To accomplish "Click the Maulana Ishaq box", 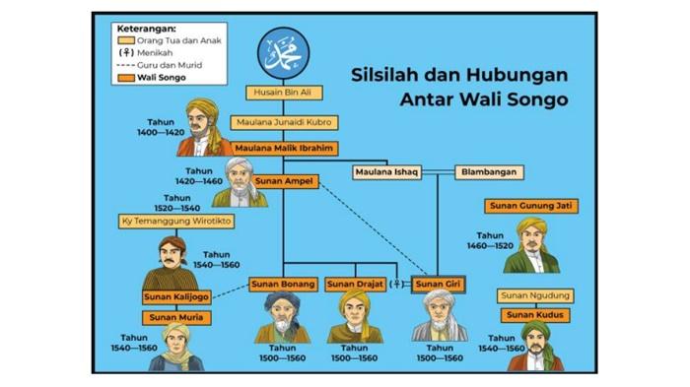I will [x=386, y=172].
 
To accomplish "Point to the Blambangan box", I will [x=488, y=172].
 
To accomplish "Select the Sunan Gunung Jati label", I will [x=531, y=206].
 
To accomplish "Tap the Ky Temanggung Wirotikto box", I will [x=176, y=221].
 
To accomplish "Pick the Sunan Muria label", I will [x=175, y=318].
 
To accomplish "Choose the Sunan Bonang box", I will [x=283, y=285].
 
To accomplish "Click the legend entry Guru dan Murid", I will [x=161, y=64].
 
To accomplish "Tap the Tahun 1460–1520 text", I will [x=490, y=241].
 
